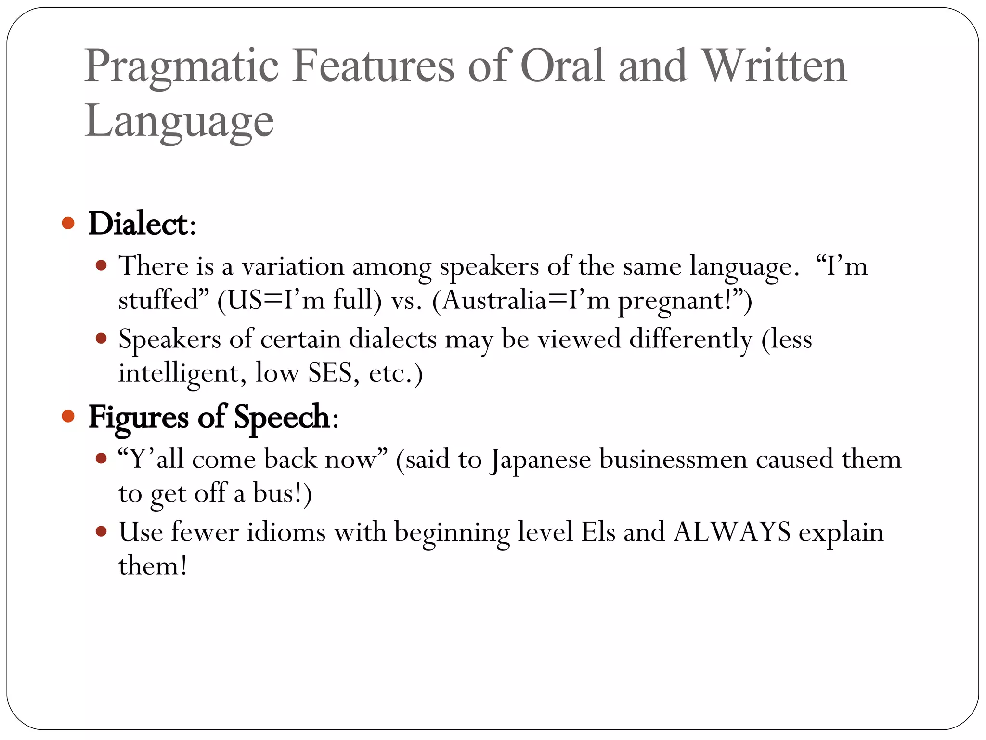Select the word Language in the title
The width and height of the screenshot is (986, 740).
[x=179, y=121]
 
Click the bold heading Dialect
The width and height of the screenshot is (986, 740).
[x=138, y=224]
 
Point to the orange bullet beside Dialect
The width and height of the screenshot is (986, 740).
[x=68, y=223]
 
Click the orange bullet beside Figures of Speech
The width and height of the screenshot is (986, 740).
[x=68, y=416]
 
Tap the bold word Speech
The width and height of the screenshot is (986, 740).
[x=282, y=417]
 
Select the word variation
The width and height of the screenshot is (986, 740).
[x=293, y=266]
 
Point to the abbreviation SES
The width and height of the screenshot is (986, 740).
[x=330, y=372]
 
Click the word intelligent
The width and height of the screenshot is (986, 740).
[x=179, y=373]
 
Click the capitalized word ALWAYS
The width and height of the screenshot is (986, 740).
[x=732, y=532]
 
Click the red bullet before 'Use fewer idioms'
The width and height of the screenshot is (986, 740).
[x=101, y=531]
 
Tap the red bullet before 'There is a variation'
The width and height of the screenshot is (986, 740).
[x=101, y=265]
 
